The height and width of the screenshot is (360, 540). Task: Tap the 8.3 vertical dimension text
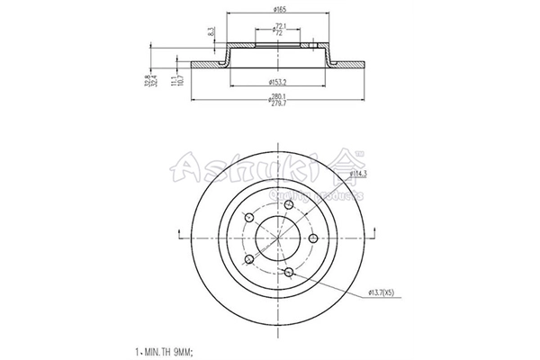[211, 35]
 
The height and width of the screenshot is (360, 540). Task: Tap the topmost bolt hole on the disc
[288, 206]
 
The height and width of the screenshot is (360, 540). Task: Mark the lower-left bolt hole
[248, 259]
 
